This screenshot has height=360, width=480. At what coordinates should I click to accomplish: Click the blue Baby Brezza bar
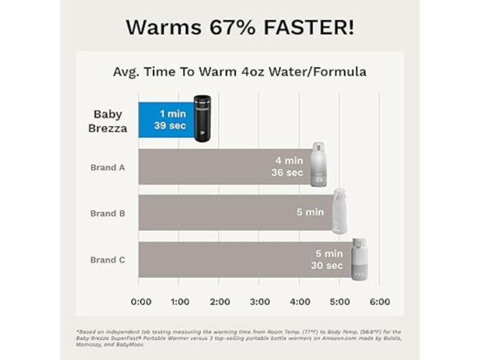click(165, 118)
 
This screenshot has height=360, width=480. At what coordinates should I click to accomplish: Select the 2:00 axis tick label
click(219, 302)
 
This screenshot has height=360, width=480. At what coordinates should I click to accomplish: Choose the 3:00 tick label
click(259, 302)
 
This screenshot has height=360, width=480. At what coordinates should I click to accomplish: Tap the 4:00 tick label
click(300, 302)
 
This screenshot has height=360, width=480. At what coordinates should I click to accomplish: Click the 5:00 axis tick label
click(339, 302)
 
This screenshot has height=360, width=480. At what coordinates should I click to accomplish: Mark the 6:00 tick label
click(380, 302)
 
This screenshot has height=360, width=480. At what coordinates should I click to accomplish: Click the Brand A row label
click(108, 167)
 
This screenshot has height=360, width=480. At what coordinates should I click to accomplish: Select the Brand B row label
click(108, 213)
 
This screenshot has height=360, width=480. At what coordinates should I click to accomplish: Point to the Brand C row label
click(108, 260)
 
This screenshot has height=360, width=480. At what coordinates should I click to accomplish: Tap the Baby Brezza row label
click(110, 121)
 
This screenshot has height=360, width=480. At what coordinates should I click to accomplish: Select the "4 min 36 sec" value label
click(289, 167)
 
